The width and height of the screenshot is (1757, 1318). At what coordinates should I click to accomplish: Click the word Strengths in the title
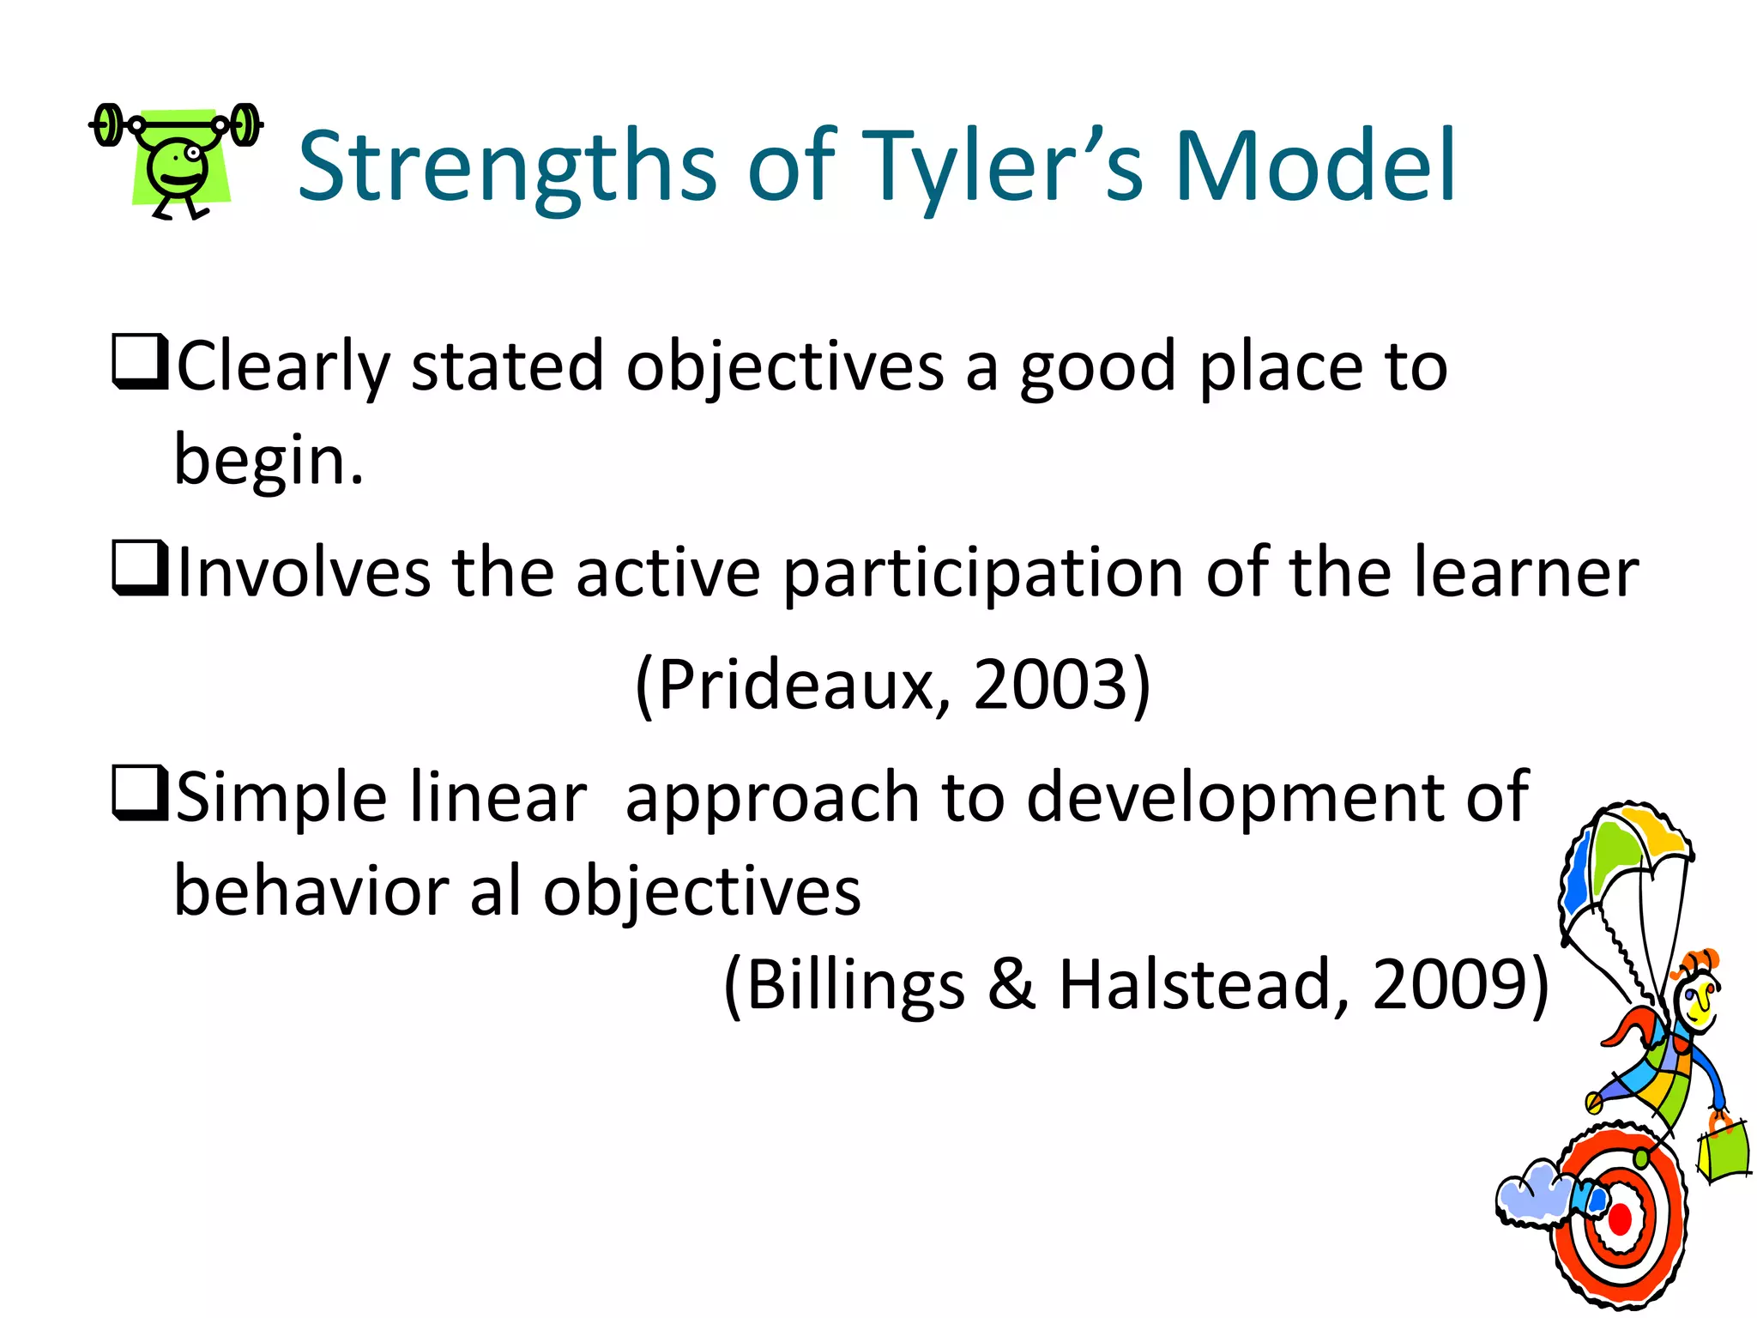coord(506,167)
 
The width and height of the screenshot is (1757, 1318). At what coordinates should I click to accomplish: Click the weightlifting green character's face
coord(178,167)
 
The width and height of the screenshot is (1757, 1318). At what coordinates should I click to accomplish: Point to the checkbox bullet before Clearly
coord(139,362)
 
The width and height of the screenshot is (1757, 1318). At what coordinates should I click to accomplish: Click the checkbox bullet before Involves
coord(139,568)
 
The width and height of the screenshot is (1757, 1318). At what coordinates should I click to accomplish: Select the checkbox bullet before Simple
coord(139,793)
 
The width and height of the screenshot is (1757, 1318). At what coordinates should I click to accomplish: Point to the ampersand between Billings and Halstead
coord(1011,984)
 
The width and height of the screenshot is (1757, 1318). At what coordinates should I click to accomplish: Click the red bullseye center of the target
coord(1620,1218)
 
